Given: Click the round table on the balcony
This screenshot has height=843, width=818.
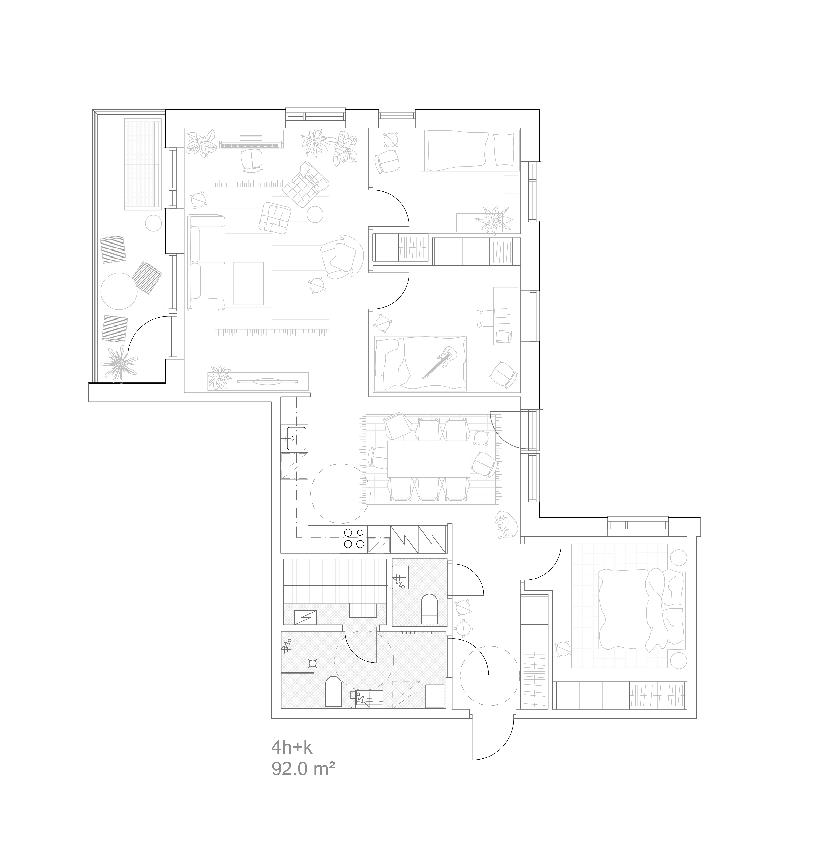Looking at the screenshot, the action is [119, 291].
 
